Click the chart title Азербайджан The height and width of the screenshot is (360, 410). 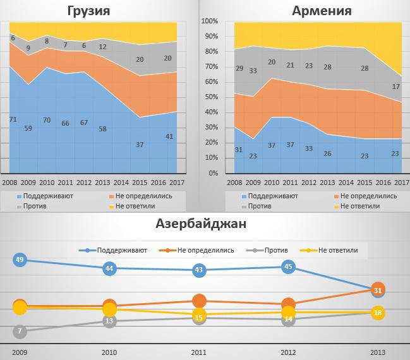205,224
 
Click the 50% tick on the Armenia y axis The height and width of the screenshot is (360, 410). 211,97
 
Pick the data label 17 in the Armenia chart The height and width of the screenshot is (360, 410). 396,87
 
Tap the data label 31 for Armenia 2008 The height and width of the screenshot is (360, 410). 238,149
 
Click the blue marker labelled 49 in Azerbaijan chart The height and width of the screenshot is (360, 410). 20,260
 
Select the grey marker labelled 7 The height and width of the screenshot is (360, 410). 20,331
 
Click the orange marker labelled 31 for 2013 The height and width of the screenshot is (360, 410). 378,290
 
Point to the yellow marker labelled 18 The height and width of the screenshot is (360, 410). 378,313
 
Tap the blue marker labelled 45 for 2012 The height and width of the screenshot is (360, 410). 288,267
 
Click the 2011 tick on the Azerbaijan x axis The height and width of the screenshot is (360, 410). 199,352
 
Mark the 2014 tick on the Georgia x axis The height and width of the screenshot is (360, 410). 120,183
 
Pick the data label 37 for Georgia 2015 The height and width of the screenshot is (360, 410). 140,144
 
